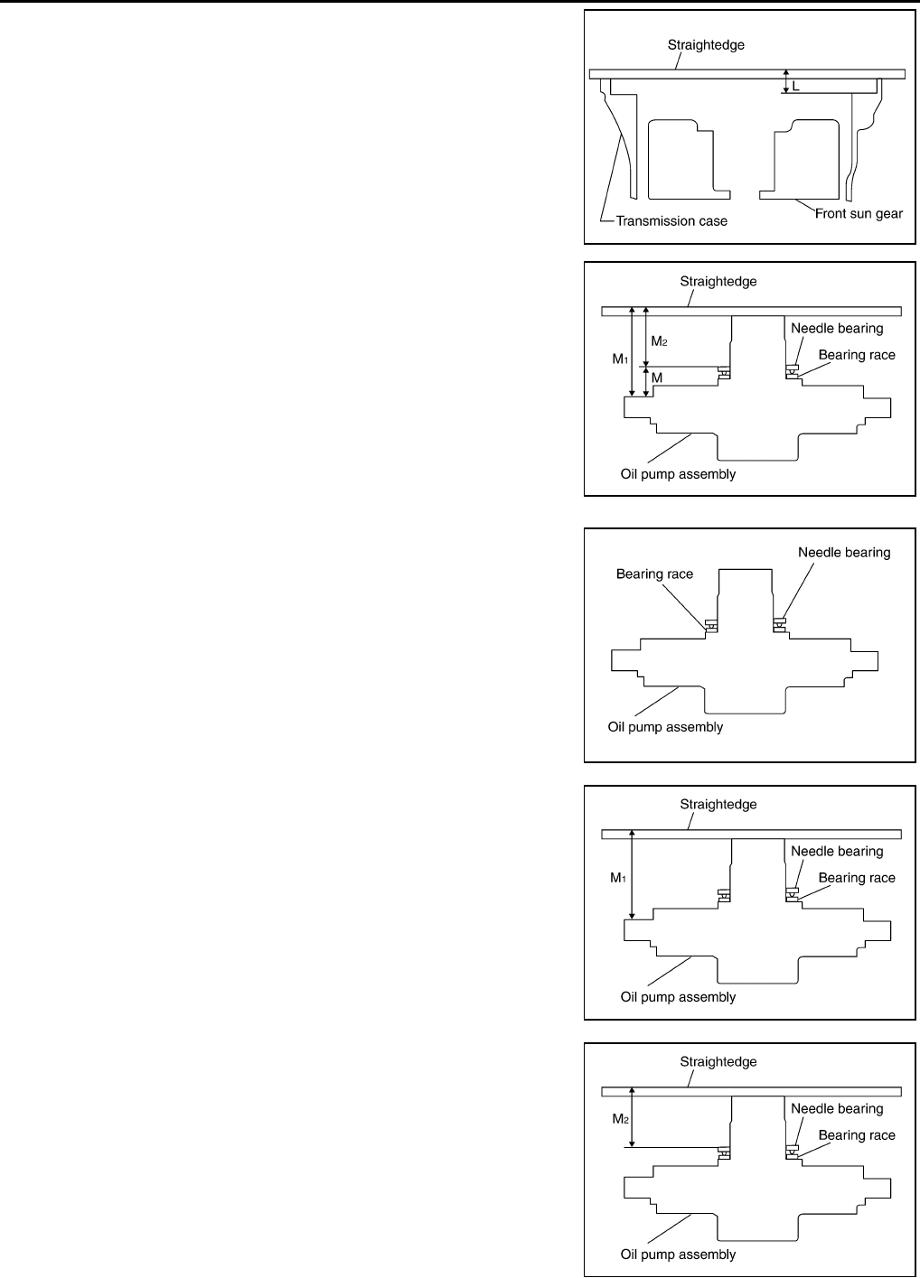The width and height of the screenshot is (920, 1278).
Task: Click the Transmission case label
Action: click(x=671, y=220)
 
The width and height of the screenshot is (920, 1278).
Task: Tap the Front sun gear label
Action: click(x=859, y=214)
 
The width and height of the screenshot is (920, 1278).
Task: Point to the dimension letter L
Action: click(x=795, y=86)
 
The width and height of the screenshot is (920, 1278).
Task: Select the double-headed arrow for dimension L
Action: click(x=786, y=81)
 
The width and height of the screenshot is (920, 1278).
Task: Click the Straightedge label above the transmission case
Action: click(x=706, y=44)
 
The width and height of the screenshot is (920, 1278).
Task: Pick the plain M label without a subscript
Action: click(x=657, y=378)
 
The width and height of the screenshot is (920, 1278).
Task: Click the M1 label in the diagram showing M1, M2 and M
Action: click(x=620, y=359)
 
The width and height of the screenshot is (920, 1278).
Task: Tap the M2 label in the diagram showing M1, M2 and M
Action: click(x=659, y=340)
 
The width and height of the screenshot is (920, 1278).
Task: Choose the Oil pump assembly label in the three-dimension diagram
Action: click(x=678, y=474)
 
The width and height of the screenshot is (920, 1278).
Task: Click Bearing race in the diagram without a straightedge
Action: click(x=654, y=574)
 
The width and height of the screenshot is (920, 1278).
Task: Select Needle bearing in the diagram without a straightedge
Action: click(x=844, y=552)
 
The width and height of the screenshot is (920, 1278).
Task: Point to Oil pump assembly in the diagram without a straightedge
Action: click(x=665, y=726)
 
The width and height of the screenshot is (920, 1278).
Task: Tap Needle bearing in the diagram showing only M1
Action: click(x=837, y=851)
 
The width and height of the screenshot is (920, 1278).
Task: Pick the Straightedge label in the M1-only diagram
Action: click(x=718, y=804)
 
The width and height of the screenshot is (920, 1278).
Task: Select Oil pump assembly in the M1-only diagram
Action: click(x=678, y=997)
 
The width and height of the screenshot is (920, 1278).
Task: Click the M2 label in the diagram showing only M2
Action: click(x=620, y=1119)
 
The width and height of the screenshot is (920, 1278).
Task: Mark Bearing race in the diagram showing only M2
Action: click(x=857, y=1135)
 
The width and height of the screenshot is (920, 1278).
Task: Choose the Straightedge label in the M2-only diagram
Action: click(x=718, y=1061)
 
